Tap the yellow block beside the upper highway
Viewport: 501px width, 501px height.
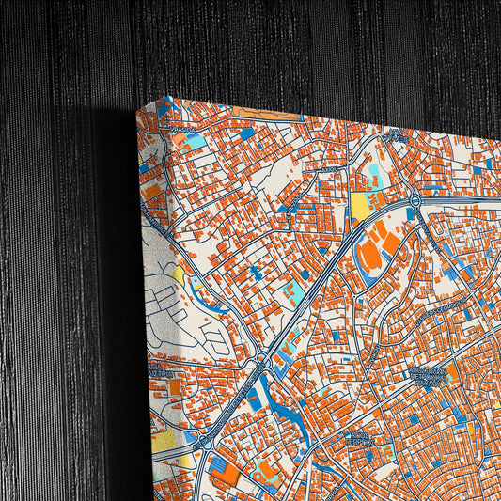pos(360,206)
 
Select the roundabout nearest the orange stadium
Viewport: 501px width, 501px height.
pos(414,201)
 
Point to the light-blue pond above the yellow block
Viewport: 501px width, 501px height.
pos(374,175)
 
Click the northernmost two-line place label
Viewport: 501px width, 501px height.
pos(395,136)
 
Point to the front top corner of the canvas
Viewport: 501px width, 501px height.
pos(138,110)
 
